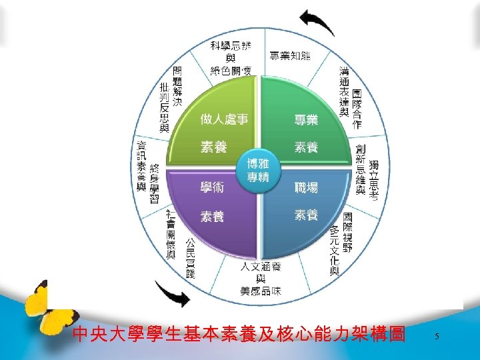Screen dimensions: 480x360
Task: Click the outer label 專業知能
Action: (290, 56)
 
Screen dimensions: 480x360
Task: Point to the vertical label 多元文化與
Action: (334, 250)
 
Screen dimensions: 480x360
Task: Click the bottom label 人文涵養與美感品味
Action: (261, 279)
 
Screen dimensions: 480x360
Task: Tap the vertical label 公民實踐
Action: (190, 257)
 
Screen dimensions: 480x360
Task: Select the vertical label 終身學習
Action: (154, 183)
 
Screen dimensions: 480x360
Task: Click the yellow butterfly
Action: (43, 307)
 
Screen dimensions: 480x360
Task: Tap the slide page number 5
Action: (437, 337)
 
